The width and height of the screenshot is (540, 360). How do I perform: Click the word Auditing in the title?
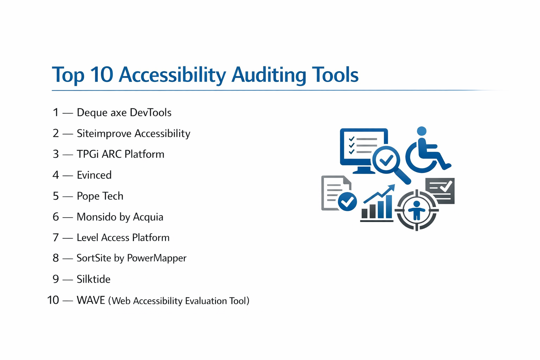(269, 76)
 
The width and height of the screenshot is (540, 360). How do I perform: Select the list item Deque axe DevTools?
(124, 112)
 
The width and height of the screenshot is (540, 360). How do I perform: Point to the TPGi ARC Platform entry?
(120, 154)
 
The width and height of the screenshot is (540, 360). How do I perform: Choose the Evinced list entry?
(94, 175)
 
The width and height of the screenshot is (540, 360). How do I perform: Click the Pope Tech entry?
(100, 196)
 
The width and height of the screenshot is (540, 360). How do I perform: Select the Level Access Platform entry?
(123, 238)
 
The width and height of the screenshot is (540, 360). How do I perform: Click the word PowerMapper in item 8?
(157, 258)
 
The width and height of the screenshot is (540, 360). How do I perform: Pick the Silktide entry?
(94, 279)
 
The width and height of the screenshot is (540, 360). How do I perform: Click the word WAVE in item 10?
(91, 300)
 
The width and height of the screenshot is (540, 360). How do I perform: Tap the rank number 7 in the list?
(56, 238)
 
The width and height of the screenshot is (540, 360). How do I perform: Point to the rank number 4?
(56, 175)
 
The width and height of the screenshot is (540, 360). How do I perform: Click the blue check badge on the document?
(347, 201)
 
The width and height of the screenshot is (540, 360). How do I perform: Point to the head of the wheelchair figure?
(422, 131)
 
